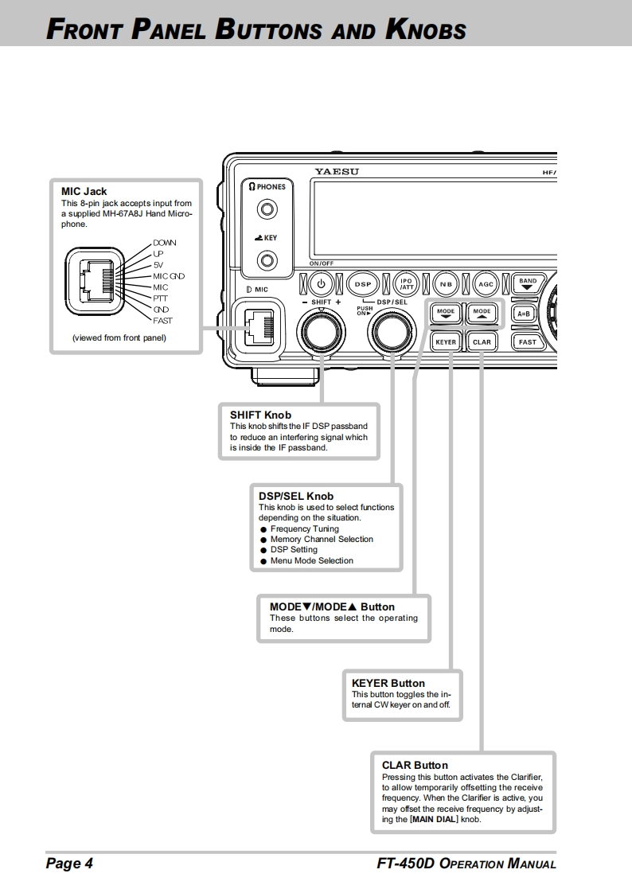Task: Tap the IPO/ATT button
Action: click(406, 283)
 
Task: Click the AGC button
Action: click(485, 283)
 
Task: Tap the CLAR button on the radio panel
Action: click(482, 342)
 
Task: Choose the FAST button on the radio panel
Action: click(527, 342)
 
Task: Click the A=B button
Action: click(524, 314)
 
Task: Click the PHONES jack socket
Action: click(268, 210)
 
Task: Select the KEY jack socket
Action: click(268, 260)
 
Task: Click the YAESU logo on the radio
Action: click(337, 171)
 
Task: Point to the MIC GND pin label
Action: click(169, 276)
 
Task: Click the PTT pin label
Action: click(160, 298)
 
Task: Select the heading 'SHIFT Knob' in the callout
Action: click(260, 415)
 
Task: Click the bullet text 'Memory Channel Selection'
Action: click(322, 540)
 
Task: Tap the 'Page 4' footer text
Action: click(69, 864)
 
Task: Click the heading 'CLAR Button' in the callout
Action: click(415, 766)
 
